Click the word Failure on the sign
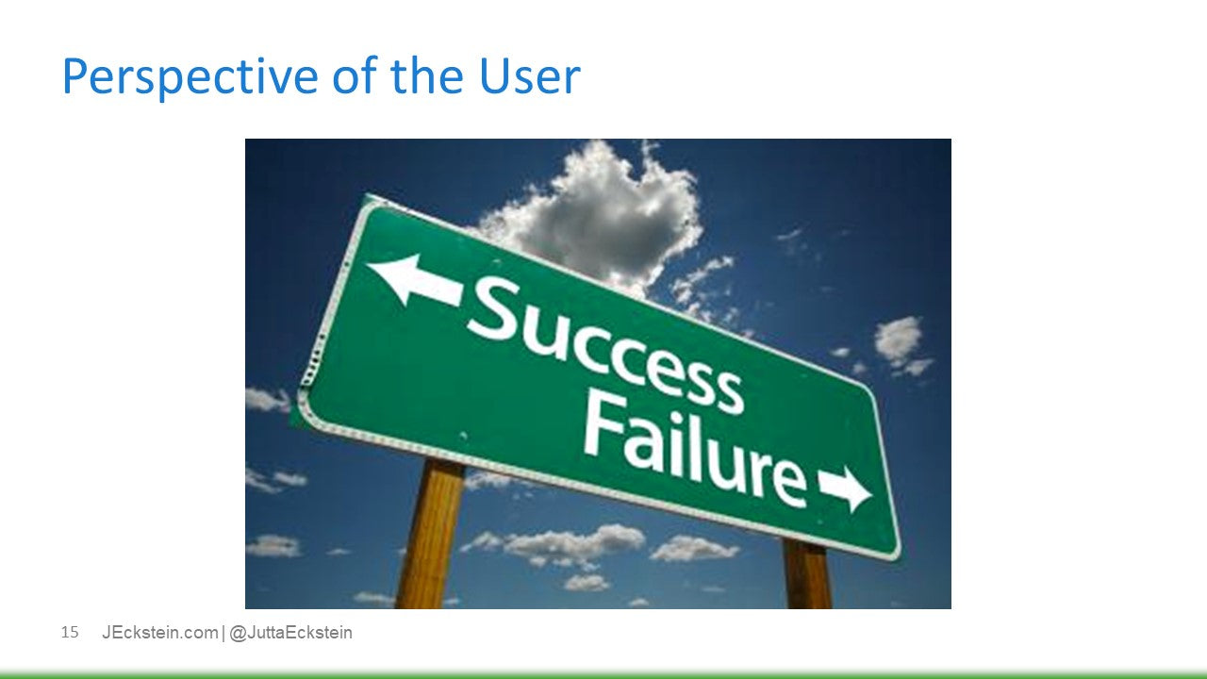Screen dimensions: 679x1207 [694, 444]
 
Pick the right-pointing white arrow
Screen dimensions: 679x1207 [845, 487]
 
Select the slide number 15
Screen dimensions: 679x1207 [70, 632]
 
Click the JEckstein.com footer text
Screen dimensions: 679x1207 [159, 633]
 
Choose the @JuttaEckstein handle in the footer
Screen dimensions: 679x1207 [290, 633]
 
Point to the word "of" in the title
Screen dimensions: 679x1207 [355, 77]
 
